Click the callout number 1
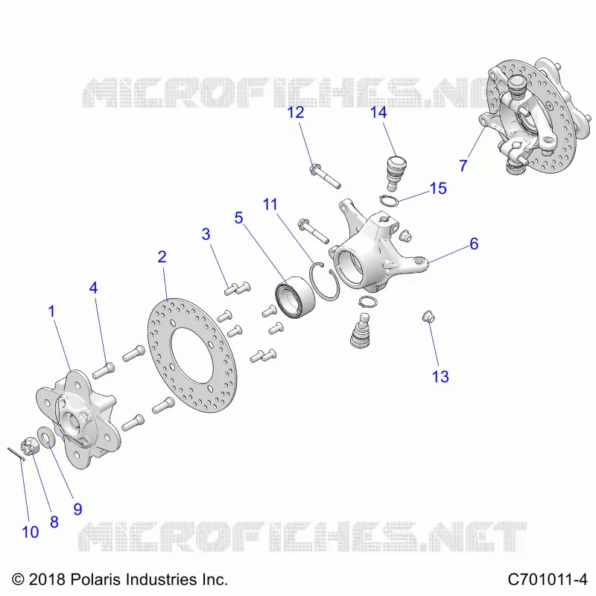click(52, 311)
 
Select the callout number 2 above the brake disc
click(162, 257)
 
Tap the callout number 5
click(238, 218)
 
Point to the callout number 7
click(463, 165)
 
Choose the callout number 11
click(270, 204)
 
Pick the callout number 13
click(440, 377)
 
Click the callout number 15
click(438, 188)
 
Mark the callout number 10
click(31, 532)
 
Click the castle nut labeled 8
click(30, 445)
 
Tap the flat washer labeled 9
click(46, 437)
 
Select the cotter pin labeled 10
click(16, 454)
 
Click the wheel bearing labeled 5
click(295, 297)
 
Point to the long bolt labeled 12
click(325, 175)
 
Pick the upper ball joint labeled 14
click(396, 172)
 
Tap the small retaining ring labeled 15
click(388, 200)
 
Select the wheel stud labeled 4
click(103, 370)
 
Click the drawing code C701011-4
click(548, 580)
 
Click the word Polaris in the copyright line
click(96, 580)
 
